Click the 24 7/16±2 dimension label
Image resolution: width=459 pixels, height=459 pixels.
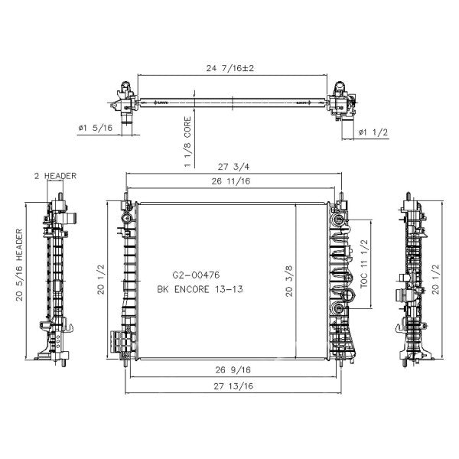tap(230, 69)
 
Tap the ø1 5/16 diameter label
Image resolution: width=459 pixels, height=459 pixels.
tap(96, 128)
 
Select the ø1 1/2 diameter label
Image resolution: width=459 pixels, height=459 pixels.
tap(373, 132)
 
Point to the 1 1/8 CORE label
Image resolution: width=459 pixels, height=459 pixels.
tap(187, 142)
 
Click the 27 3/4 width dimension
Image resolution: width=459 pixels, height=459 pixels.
tap(233, 167)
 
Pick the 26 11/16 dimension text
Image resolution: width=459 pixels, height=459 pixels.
tap(231, 181)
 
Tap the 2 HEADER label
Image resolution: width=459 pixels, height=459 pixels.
tap(55, 176)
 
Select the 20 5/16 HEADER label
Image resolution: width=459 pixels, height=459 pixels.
tap(19, 265)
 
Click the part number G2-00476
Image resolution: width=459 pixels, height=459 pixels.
tap(196, 275)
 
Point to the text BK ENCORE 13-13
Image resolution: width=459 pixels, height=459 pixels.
tap(200, 289)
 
